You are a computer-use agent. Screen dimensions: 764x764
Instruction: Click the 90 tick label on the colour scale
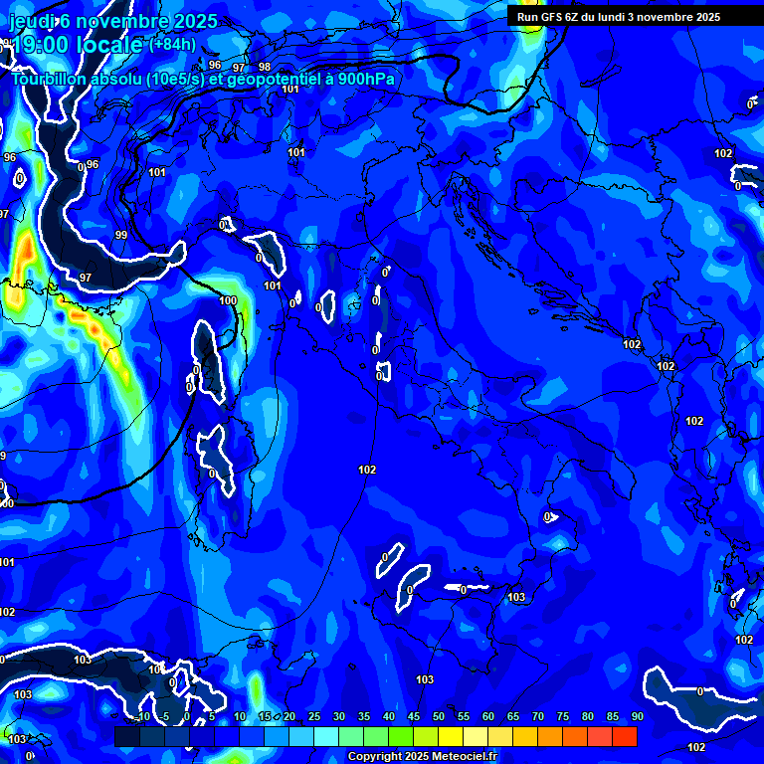click(x=637, y=716)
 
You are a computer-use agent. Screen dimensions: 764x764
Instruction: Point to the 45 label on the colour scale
click(x=413, y=716)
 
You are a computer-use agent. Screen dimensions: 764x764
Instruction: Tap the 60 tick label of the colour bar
click(x=487, y=716)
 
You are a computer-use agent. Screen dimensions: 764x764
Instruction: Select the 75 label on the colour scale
click(x=562, y=716)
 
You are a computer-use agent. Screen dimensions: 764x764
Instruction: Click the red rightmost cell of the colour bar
click(x=624, y=736)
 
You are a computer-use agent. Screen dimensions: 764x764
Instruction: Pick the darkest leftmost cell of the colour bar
click(x=126, y=736)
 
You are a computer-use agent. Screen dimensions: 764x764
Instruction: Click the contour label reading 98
click(x=264, y=67)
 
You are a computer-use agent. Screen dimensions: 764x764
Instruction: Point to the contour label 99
click(x=120, y=235)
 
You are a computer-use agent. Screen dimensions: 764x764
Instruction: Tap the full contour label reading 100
click(x=228, y=300)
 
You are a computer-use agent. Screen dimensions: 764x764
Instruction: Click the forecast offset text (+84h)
click(x=173, y=44)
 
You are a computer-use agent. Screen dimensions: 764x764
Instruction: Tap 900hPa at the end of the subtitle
click(x=367, y=79)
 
